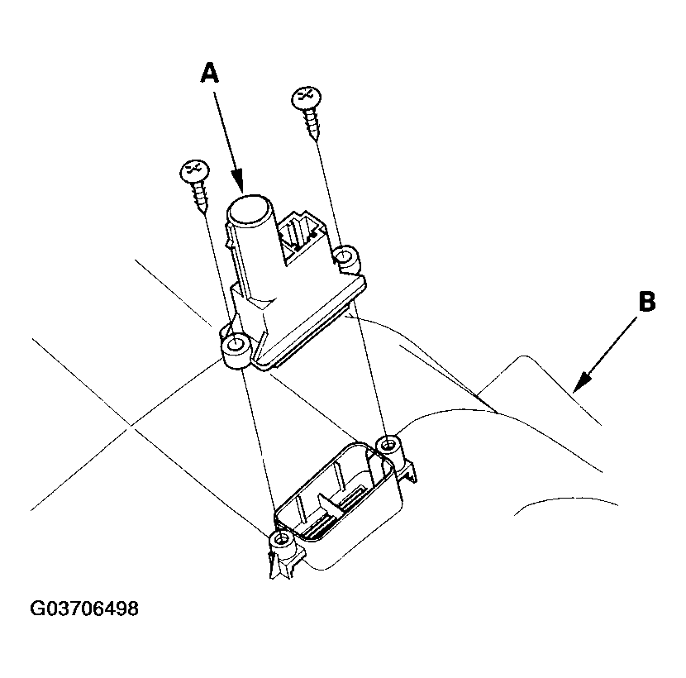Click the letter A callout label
point(210,73)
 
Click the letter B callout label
point(646,303)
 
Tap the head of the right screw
point(306,98)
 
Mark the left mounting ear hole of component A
point(236,344)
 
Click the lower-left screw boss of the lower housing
point(282,540)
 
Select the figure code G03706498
point(83,610)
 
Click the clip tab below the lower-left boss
point(275,565)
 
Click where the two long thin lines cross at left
point(131,427)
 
